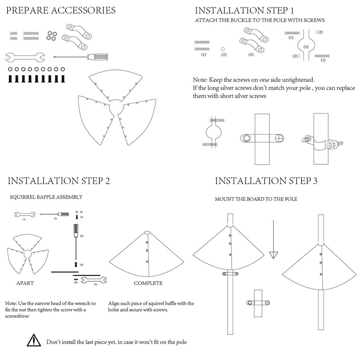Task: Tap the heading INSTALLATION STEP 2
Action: tap(59, 181)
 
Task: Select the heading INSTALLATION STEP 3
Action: tap(266, 181)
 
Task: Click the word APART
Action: tap(25, 283)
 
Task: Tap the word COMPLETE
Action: tap(148, 283)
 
